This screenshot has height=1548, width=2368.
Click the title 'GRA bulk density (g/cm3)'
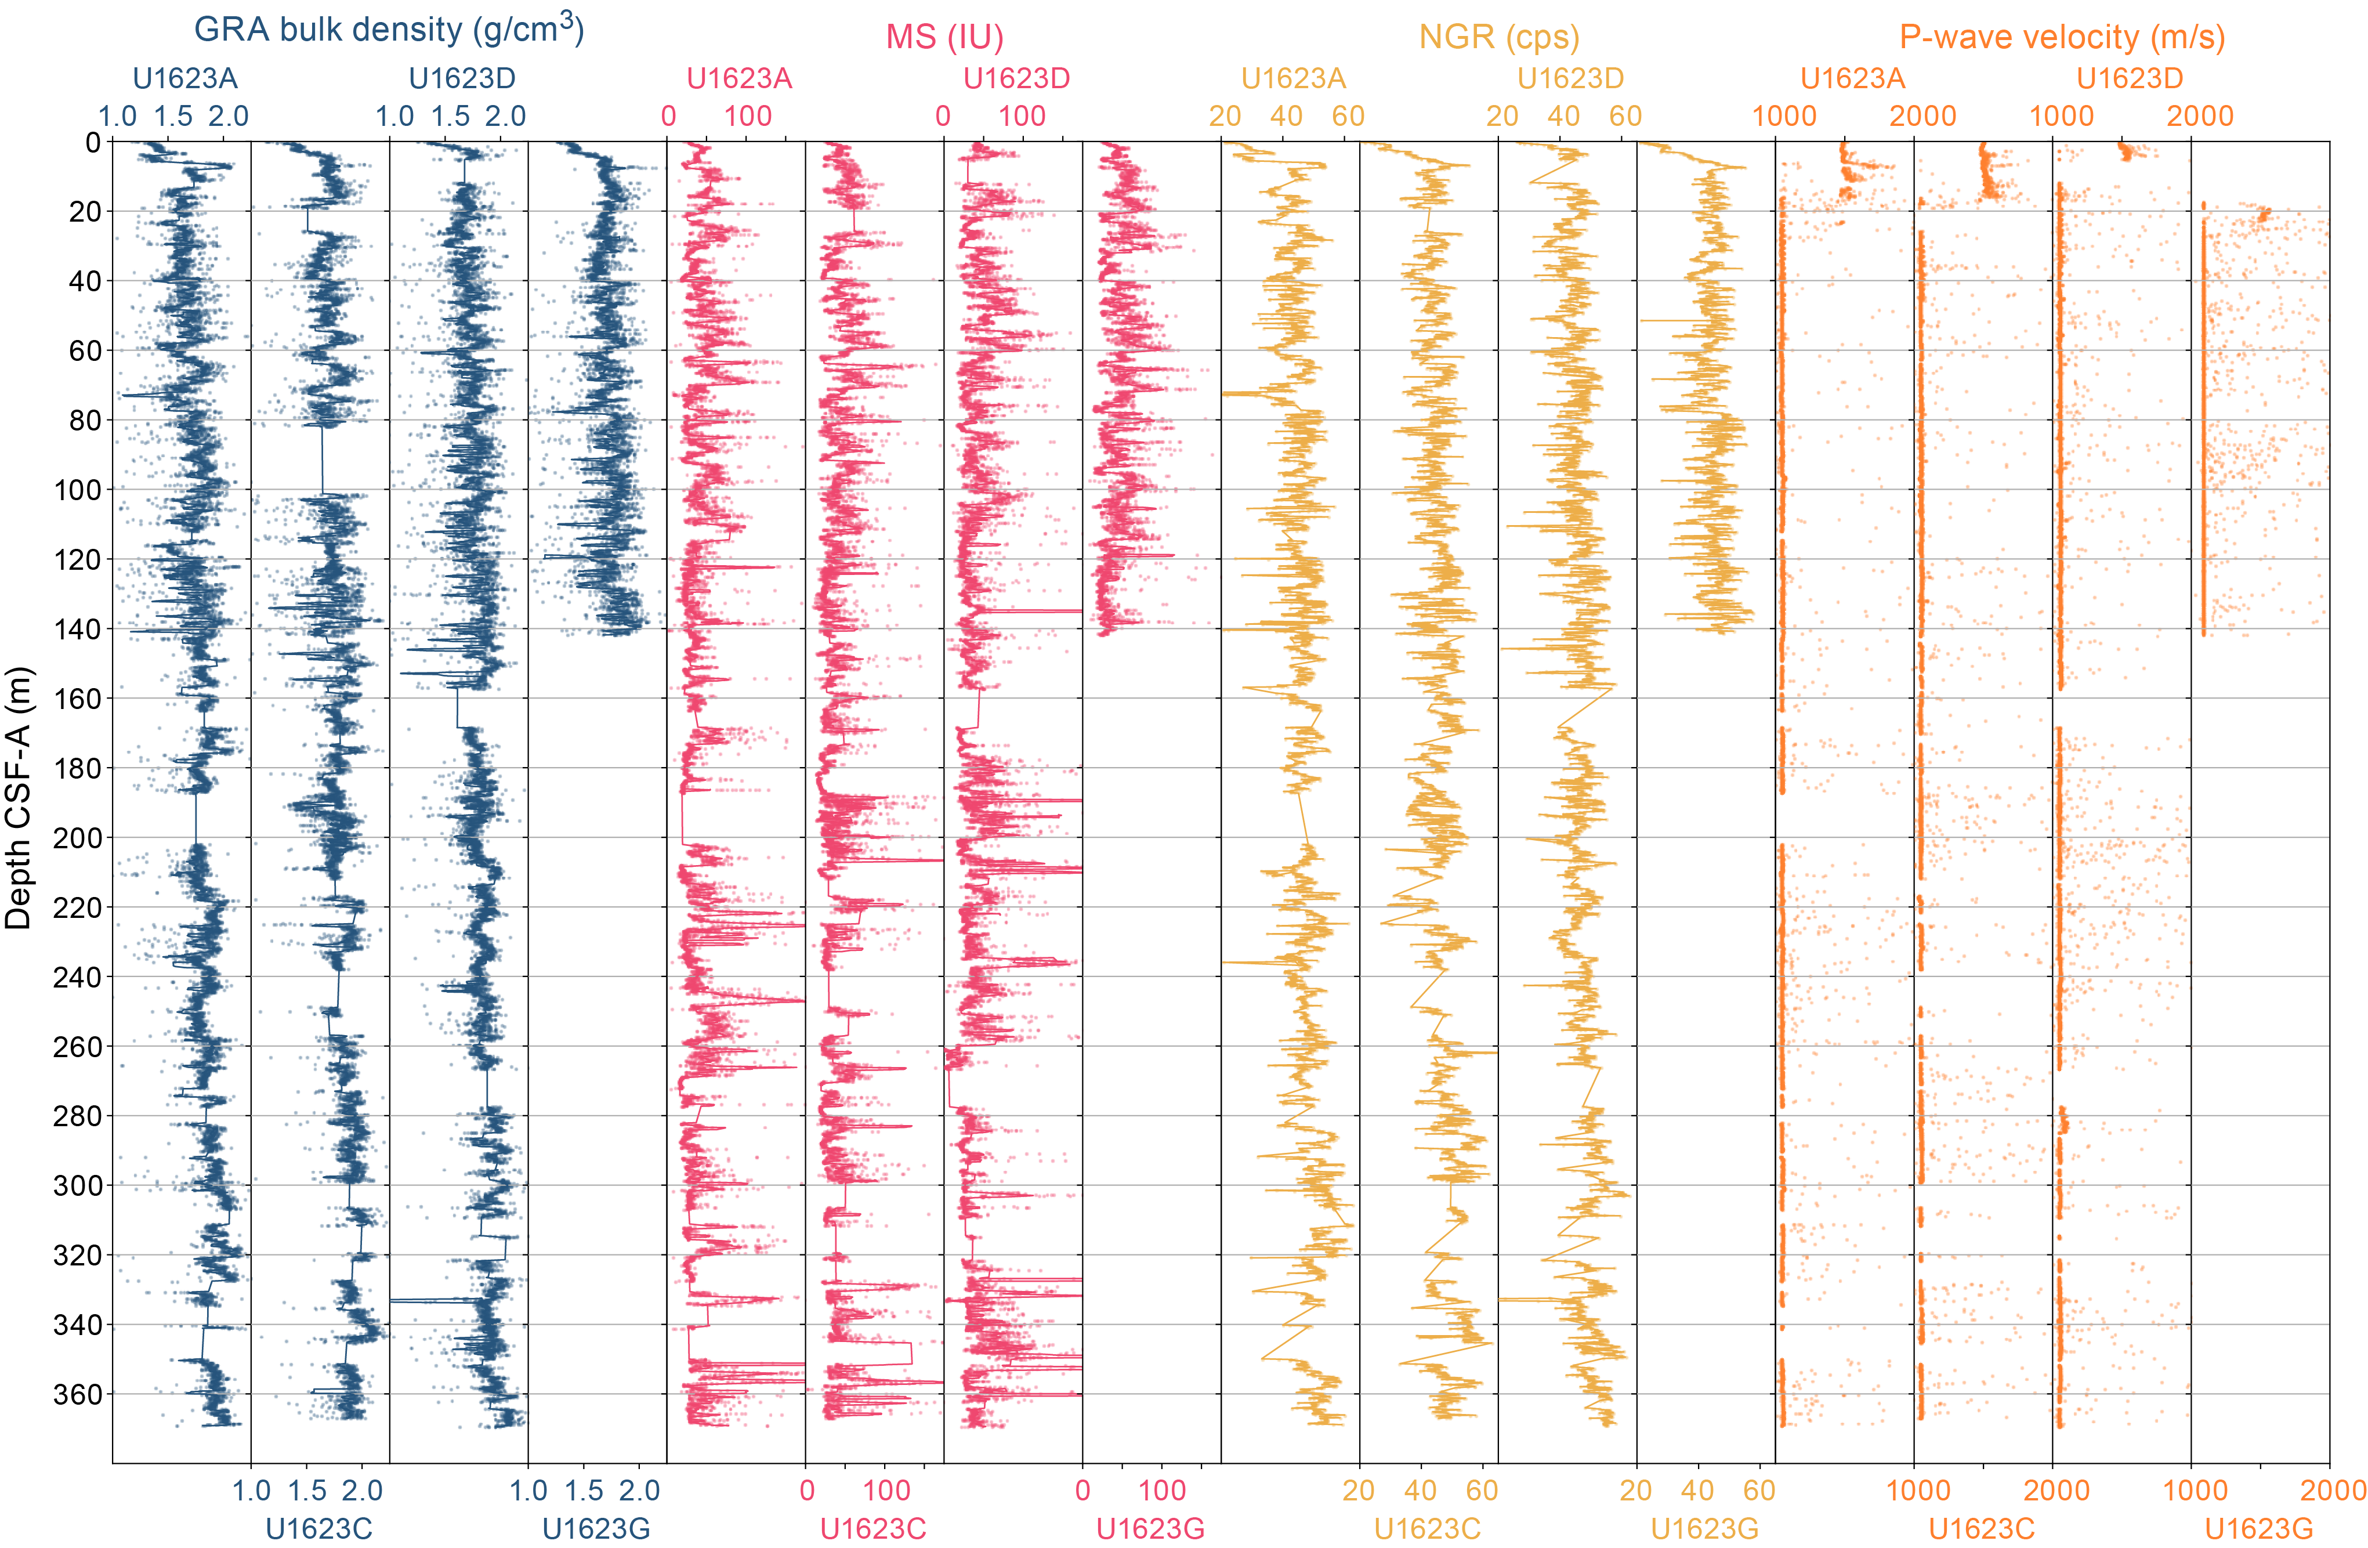388,30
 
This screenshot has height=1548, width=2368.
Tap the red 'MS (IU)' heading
944,37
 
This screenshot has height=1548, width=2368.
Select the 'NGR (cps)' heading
1498,37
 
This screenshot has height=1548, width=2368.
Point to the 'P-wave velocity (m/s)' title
2062,37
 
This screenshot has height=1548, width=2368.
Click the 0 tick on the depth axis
93,142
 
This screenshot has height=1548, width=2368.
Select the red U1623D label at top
1016,78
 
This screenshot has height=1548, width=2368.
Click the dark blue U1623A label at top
185,78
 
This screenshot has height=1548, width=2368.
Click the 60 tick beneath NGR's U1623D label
1625,117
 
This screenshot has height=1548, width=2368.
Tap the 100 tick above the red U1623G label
1161,1491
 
